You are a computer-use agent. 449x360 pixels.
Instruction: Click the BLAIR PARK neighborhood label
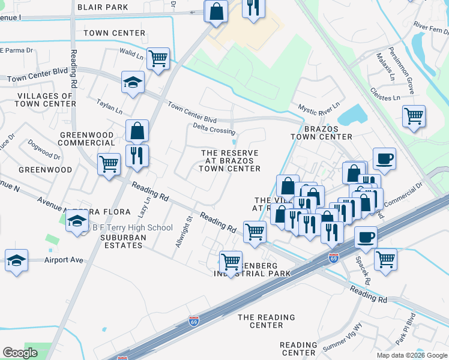(102, 7)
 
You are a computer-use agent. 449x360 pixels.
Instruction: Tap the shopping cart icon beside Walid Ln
(158, 59)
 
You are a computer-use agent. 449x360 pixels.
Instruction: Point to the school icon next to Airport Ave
(16, 260)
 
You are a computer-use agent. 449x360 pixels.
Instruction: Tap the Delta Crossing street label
(214, 129)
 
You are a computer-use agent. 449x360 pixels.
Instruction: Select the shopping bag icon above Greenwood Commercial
(137, 130)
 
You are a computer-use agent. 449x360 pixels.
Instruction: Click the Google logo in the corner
(20, 353)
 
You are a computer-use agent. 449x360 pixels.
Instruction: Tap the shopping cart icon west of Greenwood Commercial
(109, 163)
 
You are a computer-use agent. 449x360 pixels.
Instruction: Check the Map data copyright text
(411, 355)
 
